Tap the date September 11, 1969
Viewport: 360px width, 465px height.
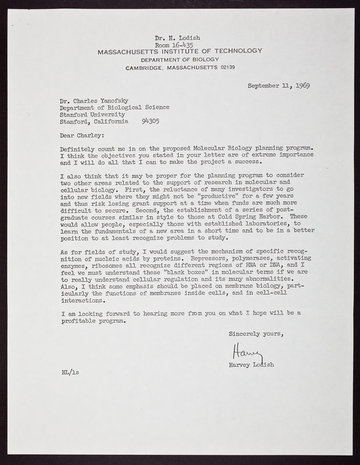tap(278, 85)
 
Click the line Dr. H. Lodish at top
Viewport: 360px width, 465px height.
tap(179, 38)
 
